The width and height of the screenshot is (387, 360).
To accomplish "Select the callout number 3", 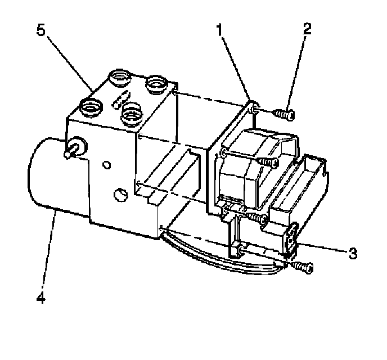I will point(353,254).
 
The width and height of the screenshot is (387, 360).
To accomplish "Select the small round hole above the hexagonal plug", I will point(107,165).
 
